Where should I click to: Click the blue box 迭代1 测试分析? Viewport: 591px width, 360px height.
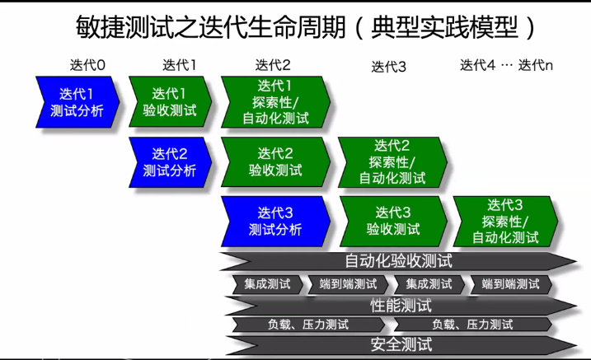[77, 102]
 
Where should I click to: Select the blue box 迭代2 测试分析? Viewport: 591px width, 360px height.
[170, 162]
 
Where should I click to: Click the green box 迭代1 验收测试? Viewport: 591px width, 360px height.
[170, 102]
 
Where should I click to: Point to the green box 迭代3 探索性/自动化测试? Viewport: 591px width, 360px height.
[504, 221]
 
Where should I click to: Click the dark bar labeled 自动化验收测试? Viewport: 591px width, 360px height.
[398, 262]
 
